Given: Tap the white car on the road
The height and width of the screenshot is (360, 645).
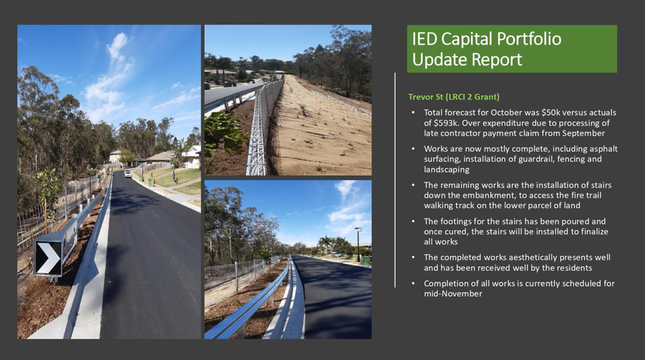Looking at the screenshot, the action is pos(128,174).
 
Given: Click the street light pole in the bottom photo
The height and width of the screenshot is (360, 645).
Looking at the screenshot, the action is pos(358,244).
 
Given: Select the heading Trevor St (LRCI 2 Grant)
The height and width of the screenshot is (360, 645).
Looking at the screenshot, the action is pos(454,97).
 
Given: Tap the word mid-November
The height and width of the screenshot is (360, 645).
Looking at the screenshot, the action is pos(453,294).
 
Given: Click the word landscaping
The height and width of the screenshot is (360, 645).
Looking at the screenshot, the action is pos(447,169).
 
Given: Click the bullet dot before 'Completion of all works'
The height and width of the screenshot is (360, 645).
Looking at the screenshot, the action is pos(413,283).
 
